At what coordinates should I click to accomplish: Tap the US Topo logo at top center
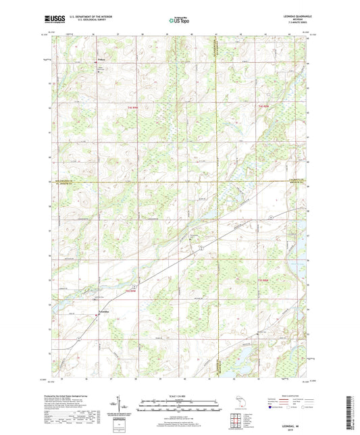[x=179, y=21]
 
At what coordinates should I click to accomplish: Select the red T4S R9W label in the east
[x=264, y=107]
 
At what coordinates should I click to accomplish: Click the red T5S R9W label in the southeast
[x=264, y=280]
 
